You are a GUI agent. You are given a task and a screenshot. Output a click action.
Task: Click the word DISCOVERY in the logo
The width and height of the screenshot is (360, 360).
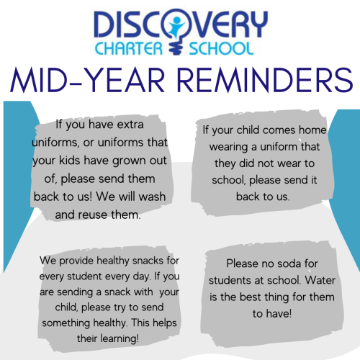pyautogui.click(x=181, y=24)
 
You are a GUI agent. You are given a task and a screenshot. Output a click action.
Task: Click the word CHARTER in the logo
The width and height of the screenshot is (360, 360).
pyautogui.click(x=129, y=48)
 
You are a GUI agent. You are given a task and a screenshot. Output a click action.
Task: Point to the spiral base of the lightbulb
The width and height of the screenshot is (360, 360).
pyautogui.click(x=176, y=48)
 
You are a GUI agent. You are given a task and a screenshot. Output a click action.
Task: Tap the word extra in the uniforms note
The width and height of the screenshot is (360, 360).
pyautogui.click(x=130, y=125)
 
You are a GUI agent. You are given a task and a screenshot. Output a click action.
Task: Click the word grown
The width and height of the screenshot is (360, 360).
pyautogui.click(x=130, y=161)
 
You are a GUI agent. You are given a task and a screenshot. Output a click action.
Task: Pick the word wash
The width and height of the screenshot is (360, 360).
pyautogui.click(x=152, y=197)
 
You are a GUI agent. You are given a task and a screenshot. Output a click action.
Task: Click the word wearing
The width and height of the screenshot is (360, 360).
pyautogui.click(x=228, y=148)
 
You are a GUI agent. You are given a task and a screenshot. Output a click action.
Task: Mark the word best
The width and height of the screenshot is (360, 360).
pyautogui.click(x=250, y=297)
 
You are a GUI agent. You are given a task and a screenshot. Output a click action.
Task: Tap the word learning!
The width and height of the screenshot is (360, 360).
pyautogui.click(x=120, y=339)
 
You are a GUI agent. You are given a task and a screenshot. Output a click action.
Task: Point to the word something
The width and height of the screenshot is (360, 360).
pyautogui.click(x=66, y=323)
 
